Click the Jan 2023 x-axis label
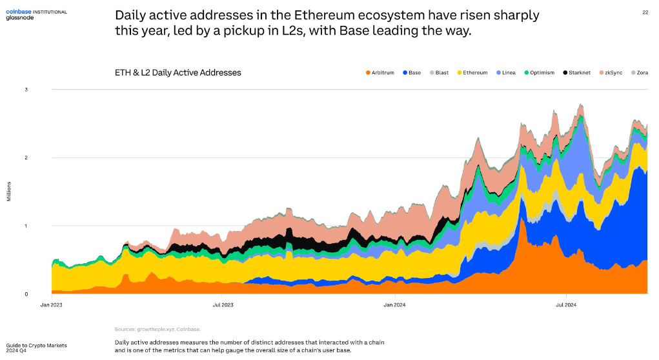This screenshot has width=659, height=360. (52, 304)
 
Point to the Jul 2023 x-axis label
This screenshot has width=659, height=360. (223, 304)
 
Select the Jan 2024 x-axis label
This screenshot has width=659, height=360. (394, 304)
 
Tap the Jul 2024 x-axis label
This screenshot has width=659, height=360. (565, 304)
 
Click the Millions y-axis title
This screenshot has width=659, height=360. (9, 191)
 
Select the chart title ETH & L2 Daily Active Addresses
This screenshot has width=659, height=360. (177, 73)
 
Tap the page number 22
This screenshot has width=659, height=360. (645, 12)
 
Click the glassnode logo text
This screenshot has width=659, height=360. (19, 18)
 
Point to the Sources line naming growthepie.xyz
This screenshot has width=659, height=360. (157, 329)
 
